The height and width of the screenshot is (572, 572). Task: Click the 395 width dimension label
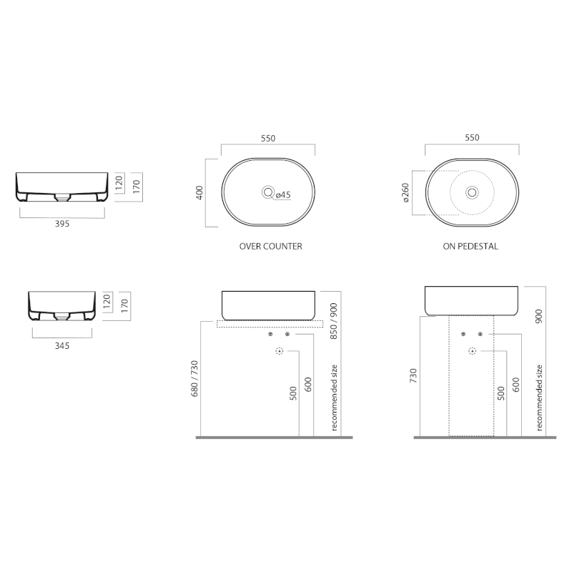coord(62,224)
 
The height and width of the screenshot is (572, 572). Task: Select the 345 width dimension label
coord(62,345)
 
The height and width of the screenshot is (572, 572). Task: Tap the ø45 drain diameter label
coord(283,194)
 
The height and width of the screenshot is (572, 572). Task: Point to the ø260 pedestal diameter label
coord(405,192)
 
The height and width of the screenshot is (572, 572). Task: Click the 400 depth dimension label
coord(199,192)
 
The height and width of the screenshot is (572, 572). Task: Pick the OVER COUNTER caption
coord(271,247)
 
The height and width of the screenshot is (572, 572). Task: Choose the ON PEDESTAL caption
coord(470,247)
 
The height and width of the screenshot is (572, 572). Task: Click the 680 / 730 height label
coord(194,378)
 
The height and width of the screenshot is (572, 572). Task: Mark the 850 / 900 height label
coord(333,321)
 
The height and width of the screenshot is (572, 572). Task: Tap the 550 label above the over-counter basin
coord(268,138)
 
